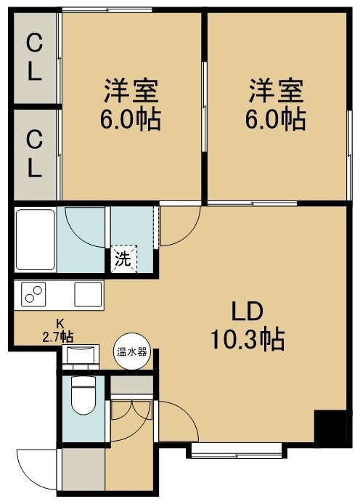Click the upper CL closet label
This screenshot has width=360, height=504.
click(x=34, y=57)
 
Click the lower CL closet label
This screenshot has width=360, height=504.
click(x=34, y=155)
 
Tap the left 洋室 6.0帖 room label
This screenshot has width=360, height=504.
click(x=131, y=105)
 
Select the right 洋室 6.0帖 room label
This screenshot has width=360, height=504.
click(x=276, y=105)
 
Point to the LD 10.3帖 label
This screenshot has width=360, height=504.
click(x=247, y=325)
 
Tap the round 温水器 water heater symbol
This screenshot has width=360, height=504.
click(x=131, y=351)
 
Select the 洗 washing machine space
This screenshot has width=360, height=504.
click(x=123, y=259)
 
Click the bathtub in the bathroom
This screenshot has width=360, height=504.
click(x=36, y=240)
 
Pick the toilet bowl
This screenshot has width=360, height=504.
click(x=83, y=395)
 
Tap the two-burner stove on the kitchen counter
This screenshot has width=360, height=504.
click(x=33, y=294)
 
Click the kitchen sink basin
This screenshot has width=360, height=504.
click(x=88, y=294)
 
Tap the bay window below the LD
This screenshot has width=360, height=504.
click(x=237, y=450)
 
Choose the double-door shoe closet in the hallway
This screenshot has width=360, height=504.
click(x=131, y=410)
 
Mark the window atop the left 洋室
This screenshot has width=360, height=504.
click(x=107, y=9)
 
